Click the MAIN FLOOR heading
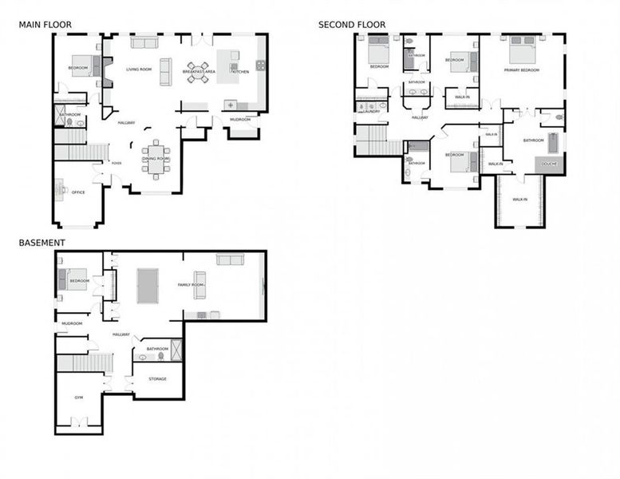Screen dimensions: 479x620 pyautogui.click(x=45, y=25)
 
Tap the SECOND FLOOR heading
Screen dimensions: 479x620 pyautogui.click(x=352, y=25)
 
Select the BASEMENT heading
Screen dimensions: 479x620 pyautogui.click(x=41, y=243)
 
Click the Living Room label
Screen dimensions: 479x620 pyautogui.click(x=139, y=69)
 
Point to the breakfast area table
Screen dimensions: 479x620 pyautogui.click(x=199, y=72)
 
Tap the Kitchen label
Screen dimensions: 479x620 pyautogui.click(x=241, y=72)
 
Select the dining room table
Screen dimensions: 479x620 pyautogui.click(x=155, y=157)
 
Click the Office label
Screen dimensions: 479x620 pyautogui.click(x=78, y=192)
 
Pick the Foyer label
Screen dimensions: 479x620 pyautogui.click(x=116, y=163)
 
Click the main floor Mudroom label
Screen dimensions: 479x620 pyautogui.click(x=240, y=120)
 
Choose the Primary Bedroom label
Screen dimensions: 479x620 pyautogui.click(x=522, y=70)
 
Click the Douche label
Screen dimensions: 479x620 pyautogui.click(x=549, y=164)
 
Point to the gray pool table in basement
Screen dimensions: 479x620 pyautogui.click(x=148, y=286)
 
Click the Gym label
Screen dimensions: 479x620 pyautogui.click(x=79, y=397)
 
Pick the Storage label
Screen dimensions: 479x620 pyautogui.click(x=158, y=378)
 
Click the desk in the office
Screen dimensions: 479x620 pyautogui.click(x=60, y=190)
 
